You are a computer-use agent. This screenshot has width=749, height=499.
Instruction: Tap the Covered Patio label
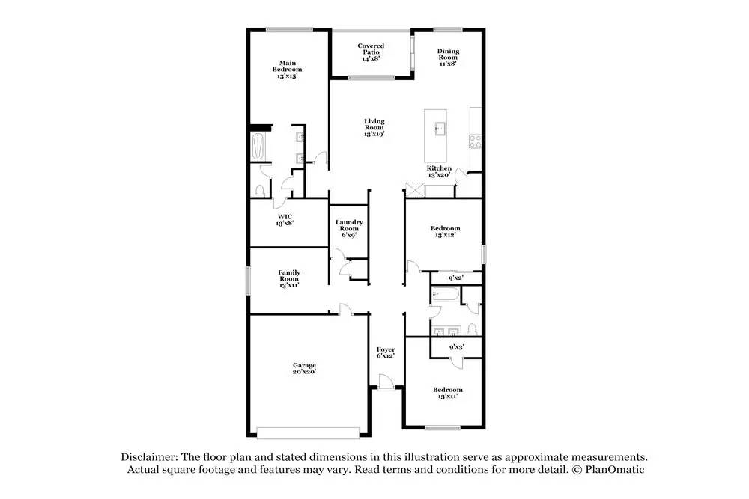[x=370, y=52]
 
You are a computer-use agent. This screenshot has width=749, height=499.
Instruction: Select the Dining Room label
[x=448, y=58]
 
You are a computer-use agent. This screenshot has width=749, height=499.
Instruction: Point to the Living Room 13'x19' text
[x=374, y=127]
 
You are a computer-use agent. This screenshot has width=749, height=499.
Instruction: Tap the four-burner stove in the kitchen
[x=474, y=141]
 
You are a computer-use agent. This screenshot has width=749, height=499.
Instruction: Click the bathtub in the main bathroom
[x=260, y=147]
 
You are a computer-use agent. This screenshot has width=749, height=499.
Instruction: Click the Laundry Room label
[x=349, y=228]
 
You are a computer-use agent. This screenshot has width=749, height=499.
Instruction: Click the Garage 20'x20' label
[x=304, y=369]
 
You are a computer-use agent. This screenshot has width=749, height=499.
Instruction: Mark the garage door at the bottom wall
[x=308, y=432]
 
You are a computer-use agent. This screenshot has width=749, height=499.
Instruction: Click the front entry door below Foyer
[x=385, y=384]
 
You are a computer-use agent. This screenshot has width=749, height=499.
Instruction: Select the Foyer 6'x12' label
[x=386, y=352]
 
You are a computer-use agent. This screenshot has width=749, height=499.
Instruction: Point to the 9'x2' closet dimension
[x=455, y=278]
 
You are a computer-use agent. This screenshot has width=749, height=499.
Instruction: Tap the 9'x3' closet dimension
[x=456, y=347]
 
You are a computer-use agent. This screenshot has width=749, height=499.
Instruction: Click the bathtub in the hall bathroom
[x=443, y=295]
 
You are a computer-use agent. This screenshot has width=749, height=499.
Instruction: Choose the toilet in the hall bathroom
[x=471, y=330]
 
